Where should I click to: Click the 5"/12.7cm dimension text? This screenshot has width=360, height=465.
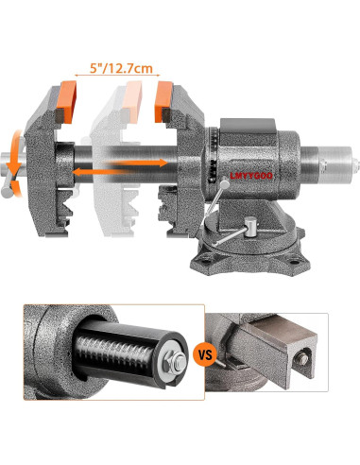[x=118, y=67]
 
